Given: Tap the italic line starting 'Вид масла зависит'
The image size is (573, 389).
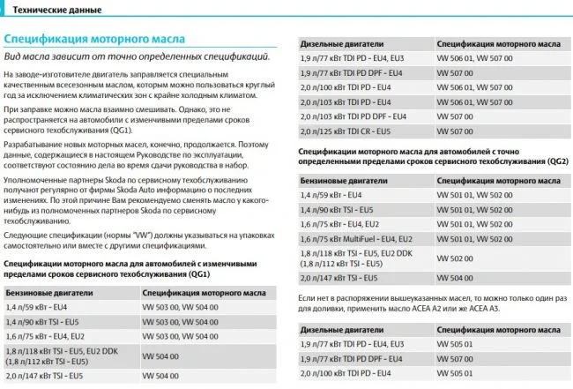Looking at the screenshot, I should tap(137, 56).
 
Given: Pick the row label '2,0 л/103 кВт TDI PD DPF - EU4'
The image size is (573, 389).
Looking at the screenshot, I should tap(353, 116).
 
